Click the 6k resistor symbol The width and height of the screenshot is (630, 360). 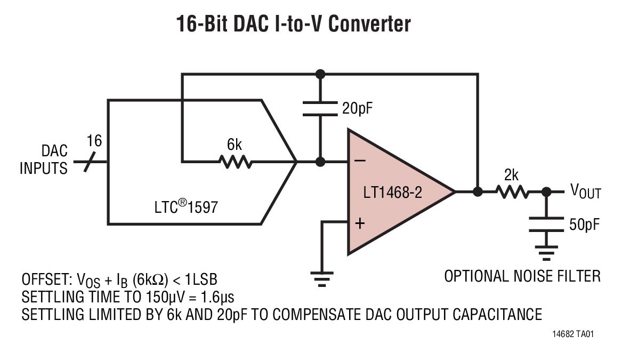236,162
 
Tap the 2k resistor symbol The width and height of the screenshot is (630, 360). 512,192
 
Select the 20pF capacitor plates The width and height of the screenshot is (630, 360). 320,109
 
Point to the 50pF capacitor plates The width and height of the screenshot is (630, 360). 546,225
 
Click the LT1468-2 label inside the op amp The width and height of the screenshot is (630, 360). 392,193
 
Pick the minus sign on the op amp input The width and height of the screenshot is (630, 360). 360,161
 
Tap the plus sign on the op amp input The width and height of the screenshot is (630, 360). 360,223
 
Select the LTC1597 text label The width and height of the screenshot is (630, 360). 186,206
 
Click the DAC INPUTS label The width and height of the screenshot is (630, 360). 44,159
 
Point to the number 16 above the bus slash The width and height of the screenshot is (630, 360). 94,141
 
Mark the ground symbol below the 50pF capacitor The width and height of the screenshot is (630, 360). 546,253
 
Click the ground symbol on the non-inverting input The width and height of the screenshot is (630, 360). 321,279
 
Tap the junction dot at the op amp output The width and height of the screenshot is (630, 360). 478,192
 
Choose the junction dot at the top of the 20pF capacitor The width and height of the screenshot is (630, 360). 320,74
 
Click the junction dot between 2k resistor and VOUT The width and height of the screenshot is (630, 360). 546,192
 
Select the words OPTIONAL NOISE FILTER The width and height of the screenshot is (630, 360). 522,276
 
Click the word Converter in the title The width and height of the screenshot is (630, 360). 370,23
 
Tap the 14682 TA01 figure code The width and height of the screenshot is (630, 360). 573,334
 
